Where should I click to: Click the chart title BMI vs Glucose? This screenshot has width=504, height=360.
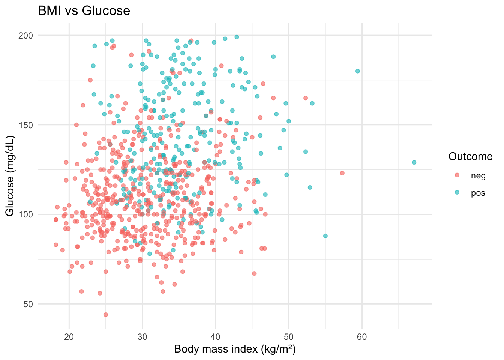click(84, 11)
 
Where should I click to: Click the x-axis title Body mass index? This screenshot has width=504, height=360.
click(235, 349)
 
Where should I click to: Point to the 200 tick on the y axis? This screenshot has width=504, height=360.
click(28, 36)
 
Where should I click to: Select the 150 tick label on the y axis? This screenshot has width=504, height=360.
click(28, 125)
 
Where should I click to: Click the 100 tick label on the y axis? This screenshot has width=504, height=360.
click(28, 214)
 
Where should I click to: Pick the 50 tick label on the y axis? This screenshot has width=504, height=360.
click(28, 304)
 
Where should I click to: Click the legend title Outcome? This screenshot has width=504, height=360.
click(470, 157)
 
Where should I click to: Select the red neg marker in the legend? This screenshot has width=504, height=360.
click(457, 175)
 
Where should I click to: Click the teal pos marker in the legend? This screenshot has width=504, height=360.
click(457, 192)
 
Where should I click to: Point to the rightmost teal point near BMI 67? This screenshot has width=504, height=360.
click(414, 162)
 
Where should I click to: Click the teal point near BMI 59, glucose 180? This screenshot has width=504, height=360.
click(358, 71)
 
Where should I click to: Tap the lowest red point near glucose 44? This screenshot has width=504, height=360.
click(106, 315)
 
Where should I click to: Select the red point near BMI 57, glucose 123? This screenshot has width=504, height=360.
click(342, 173)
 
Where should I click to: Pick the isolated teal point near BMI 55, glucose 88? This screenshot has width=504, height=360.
click(325, 236)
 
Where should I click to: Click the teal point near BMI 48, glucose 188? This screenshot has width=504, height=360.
click(273, 57)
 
